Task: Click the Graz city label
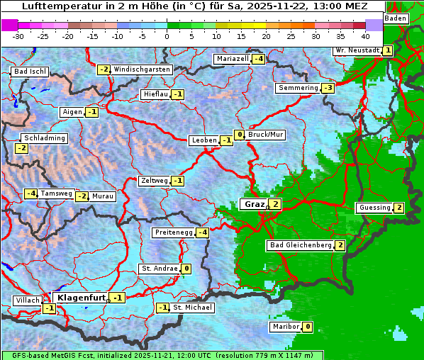[254, 204]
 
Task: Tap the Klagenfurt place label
[81, 298]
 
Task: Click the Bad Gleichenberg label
[300, 245]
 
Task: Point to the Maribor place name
[285, 327]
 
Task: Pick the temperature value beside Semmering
[328, 88]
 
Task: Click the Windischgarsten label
[142, 69]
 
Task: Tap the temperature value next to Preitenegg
[203, 232]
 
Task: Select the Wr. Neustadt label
[357, 50]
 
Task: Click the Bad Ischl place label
[30, 72]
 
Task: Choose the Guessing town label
[374, 208]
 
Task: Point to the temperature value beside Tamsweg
[31, 193]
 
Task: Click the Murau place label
[103, 196]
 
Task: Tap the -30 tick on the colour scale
[18, 35]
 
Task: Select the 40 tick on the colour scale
[365, 35]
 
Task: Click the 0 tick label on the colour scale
[167, 35]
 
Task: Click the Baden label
[396, 18]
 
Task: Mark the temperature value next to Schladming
[21, 148]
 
